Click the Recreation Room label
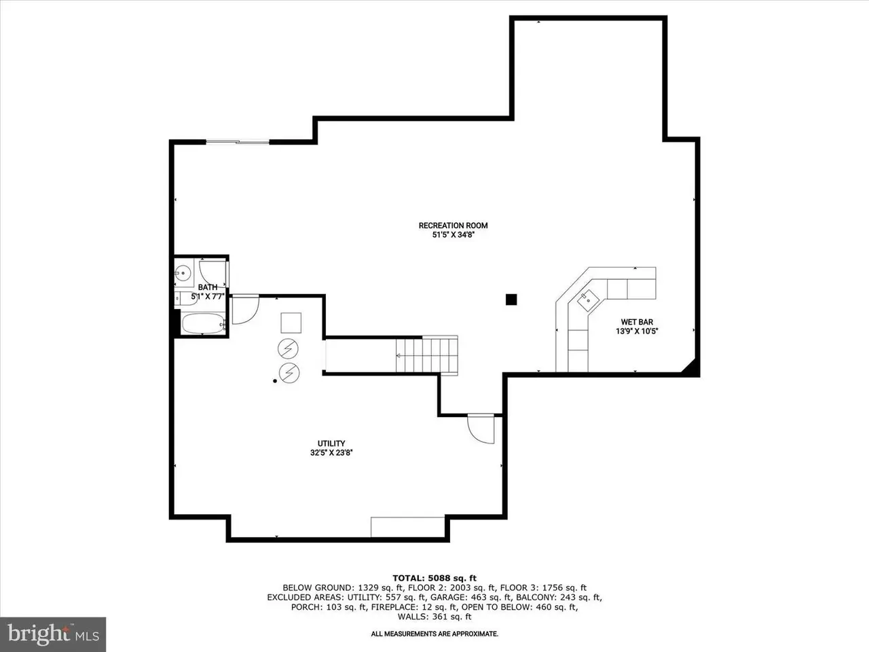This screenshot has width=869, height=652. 453,225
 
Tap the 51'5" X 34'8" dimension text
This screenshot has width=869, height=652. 453,235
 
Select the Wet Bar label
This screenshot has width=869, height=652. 637,322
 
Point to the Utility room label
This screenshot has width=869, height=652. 331,443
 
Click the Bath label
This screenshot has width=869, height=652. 208,287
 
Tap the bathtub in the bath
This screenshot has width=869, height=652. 203,324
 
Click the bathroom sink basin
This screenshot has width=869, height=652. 183,273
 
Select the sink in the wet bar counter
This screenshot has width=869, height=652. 588,300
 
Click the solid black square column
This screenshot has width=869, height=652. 511,300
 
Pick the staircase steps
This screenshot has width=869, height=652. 427,355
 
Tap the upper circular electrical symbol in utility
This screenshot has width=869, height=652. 288,349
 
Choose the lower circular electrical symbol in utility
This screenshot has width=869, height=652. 289,373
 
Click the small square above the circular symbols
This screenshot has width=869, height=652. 291,323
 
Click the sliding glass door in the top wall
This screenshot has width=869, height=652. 238,141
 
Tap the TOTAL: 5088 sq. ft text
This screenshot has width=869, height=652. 434,579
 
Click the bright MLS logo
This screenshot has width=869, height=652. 53,634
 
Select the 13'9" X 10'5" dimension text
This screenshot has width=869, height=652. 637,331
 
